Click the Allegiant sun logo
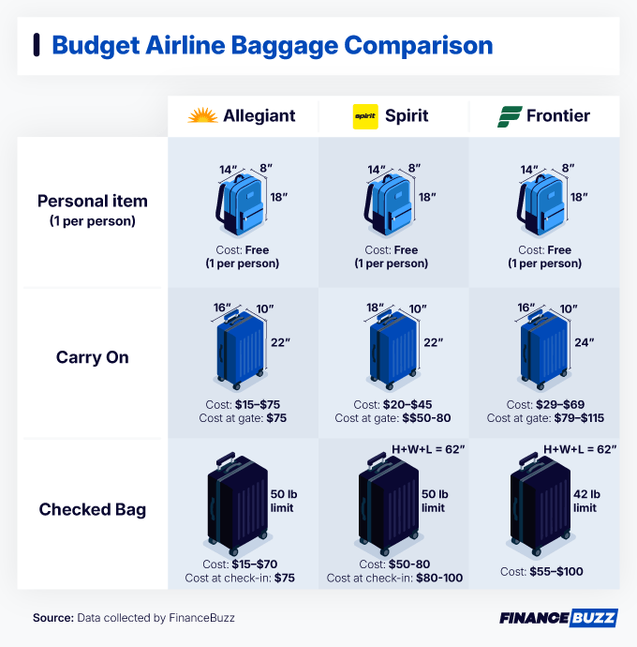point(202,116)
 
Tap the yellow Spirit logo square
point(364,116)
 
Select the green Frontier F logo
point(509,116)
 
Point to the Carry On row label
point(92,357)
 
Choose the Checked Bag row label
point(92,510)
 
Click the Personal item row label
point(92,201)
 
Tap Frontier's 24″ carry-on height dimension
point(585,343)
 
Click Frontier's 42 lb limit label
point(585,501)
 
